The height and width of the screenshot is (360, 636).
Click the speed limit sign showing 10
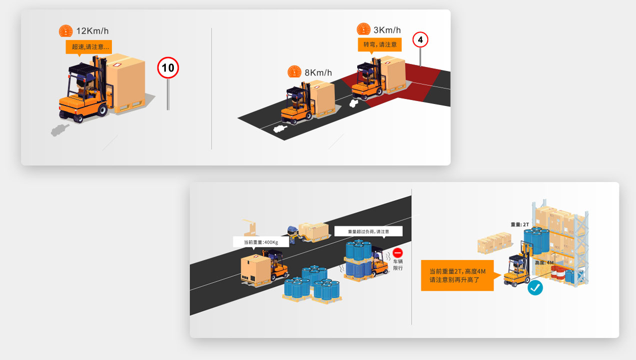tap(168, 67)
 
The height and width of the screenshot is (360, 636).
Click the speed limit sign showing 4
tap(420, 40)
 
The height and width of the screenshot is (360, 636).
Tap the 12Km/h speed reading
tap(92, 30)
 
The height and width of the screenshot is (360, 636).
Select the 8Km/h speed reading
tap(318, 72)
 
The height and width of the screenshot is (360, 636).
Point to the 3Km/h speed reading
tap(387, 30)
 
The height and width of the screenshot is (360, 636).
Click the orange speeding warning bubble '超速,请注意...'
tap(88, 47)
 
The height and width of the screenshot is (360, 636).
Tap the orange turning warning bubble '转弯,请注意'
tap(380, 45)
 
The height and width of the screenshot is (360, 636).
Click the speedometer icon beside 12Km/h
tap(65, 30)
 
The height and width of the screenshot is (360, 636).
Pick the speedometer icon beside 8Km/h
tap(294, 71)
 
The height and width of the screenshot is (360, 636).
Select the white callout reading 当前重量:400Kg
tap(261, 242)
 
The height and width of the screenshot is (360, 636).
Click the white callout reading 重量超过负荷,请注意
tap(368, 231)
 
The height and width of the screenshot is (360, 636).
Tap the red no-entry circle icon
tap(398, 252)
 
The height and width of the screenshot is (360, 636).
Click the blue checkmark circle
tap(535, 288)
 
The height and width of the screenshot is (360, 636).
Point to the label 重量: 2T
tap(520, 224)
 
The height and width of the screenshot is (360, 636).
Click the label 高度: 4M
tap(544, 262)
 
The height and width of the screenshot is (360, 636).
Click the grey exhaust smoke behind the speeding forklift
tap(59, 130)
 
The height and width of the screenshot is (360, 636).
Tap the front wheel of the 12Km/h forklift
tap(102, 109)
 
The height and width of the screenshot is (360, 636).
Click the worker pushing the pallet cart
tap(293, 234)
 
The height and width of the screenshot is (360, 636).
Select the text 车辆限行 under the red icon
tap(398, 265)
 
